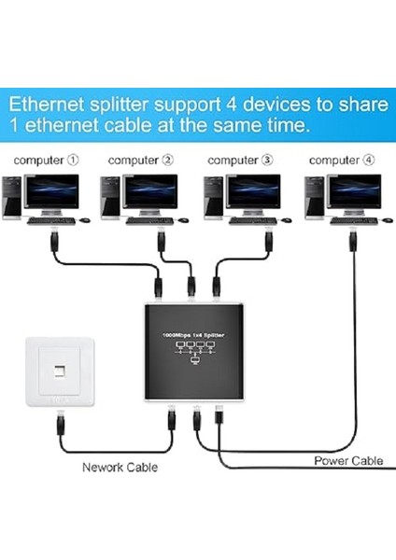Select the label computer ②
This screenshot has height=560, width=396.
tap(140, 160)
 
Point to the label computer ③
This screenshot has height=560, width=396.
tap(240, 160)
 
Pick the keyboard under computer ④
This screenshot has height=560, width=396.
tap(349, 221)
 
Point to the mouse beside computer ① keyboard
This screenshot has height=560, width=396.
tap(86, 221)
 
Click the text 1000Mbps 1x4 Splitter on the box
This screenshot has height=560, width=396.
tap(191, 333)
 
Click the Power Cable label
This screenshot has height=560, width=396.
tap(348, 460)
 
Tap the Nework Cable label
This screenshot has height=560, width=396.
tap(120, 467)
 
